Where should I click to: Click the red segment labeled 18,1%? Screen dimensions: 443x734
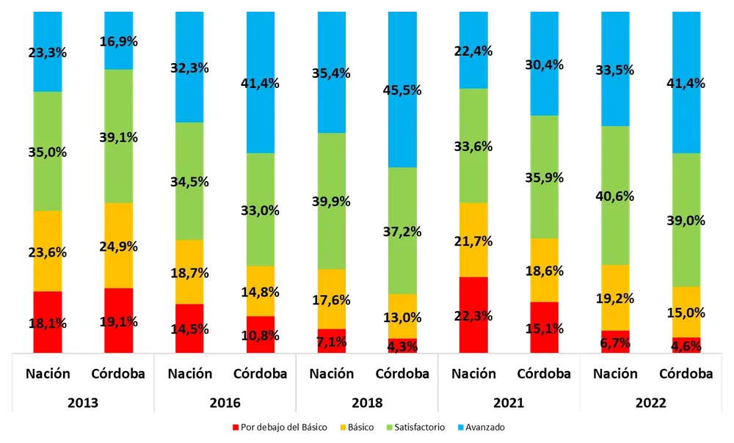tap(47, 321)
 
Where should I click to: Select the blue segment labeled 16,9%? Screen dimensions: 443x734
tap(118, 40)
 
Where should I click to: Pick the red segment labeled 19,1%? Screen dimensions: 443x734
tap(118, 320)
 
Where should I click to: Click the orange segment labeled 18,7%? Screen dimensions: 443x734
tap(189, 272)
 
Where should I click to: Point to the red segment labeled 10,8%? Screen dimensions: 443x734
tap(261, 334)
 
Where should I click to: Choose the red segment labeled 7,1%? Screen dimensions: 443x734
tap(332, 340)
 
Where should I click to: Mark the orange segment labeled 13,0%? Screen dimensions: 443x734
tap(403, 316)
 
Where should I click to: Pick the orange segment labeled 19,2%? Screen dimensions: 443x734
tap(616, 298)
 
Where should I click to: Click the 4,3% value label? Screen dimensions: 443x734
tap(403, 346)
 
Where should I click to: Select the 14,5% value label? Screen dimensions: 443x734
tap(189, 329)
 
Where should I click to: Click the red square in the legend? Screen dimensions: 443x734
tap(234, 428)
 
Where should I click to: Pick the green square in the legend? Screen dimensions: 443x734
tap(389, 428)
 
